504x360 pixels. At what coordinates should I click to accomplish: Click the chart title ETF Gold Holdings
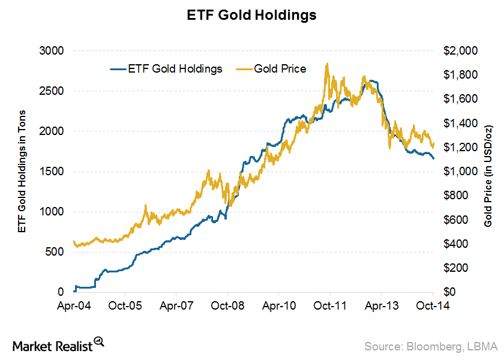(x=251, y=16)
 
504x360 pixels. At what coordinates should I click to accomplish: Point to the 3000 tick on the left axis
(x=52, y=51)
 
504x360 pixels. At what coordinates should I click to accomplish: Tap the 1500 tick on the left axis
(x=52, y=172)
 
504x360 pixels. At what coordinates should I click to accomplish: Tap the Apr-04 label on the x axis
(x=74, y=305)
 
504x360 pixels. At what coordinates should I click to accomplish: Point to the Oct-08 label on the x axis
(x=228, y=305)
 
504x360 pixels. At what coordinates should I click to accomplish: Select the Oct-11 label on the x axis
(x=331, y=305)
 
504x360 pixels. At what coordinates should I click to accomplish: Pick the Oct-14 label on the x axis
(x=433, y=305)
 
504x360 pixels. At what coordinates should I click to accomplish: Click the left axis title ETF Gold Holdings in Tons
(x=22, y=172)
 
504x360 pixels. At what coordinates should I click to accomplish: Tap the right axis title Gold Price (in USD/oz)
(x=488, y=172)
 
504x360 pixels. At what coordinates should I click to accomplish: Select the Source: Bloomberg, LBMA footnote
(x=431, y=346)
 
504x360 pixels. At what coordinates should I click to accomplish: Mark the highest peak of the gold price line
(x=326, y=64)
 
